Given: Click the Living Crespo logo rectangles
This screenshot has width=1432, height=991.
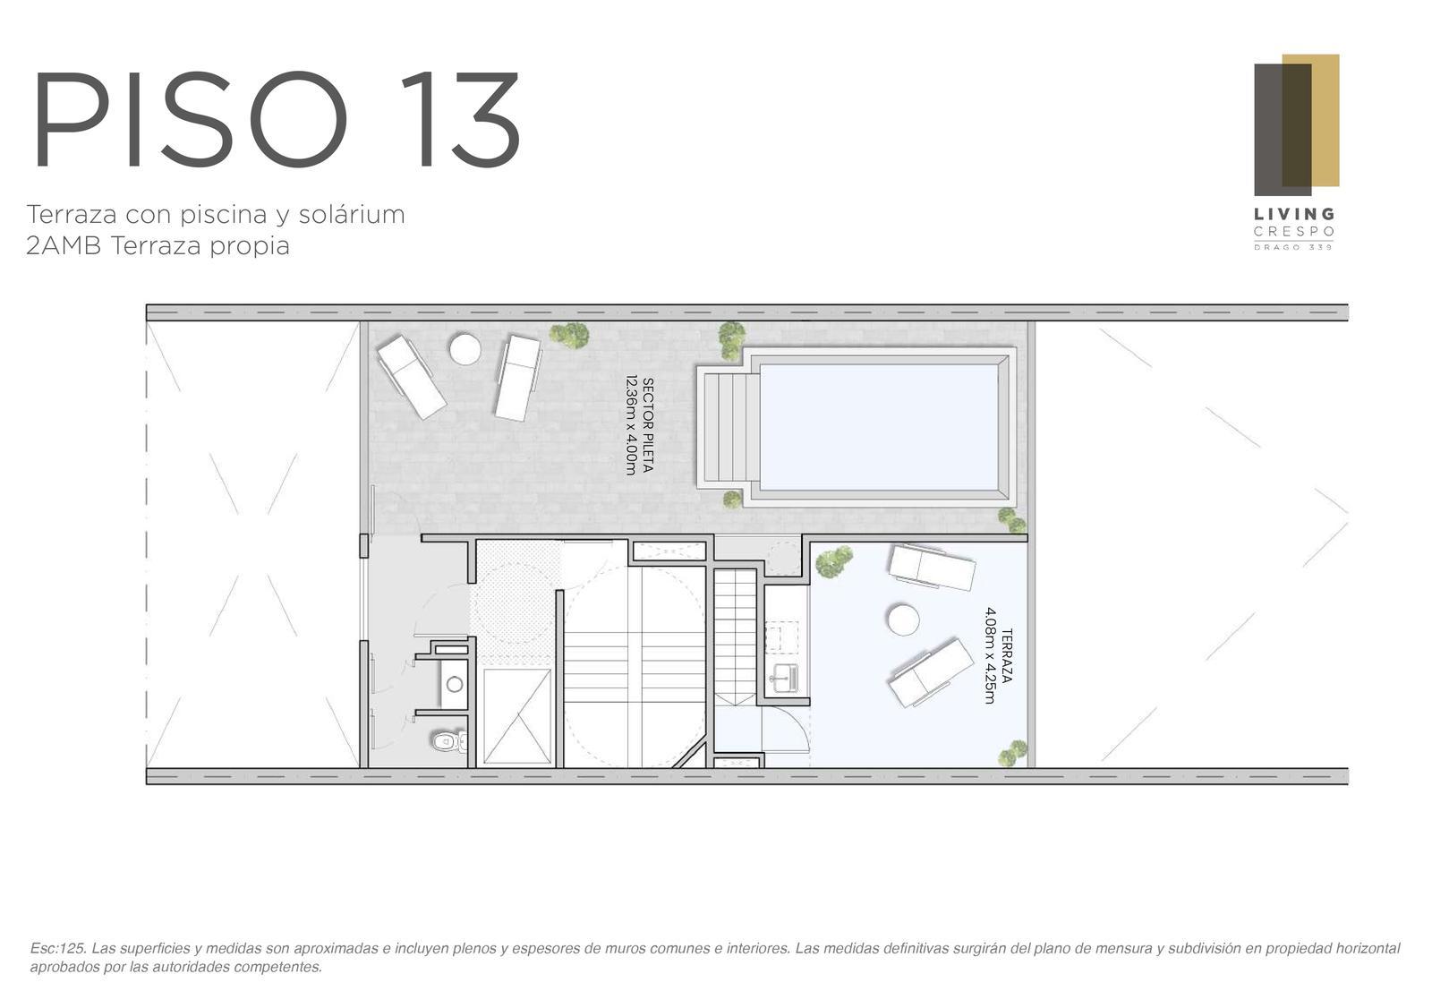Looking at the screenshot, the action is (x=1296, y=124).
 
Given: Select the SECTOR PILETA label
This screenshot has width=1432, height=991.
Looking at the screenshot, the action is (x=648, y=425).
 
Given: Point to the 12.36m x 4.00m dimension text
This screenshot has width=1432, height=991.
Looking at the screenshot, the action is (x=631, y=425).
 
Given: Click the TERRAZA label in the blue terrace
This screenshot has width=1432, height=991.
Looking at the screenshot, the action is (x=1006, y=655).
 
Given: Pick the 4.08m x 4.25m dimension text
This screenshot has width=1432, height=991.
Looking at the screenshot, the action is (x=990, y=655).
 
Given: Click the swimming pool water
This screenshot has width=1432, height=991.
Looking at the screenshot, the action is (x=878, y=426).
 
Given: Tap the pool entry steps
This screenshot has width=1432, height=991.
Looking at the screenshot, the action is (x=730, y=427).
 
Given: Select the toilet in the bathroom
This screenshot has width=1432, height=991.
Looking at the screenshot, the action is (x=448, y=741).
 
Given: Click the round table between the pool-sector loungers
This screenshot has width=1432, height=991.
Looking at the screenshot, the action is (x=465, y=349).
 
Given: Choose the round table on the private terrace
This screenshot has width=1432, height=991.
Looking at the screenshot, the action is (x=903, y=619).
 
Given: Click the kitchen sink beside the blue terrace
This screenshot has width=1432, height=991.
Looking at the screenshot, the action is (x=784, y=677).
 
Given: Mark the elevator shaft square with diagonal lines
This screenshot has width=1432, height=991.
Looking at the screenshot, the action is (x=517, y=716).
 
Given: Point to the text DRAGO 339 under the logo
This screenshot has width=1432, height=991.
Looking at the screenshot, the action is (x=1293, y=247).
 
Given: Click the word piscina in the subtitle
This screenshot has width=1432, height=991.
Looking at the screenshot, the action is (x=215, y=216).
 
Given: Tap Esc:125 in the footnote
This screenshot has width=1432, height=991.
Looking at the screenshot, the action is (x=58, y=948).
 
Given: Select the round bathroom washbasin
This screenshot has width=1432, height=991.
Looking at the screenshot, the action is (x=455, y=684).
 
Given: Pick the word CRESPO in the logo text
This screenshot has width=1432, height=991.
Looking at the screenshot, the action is (x=1294, y=232).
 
